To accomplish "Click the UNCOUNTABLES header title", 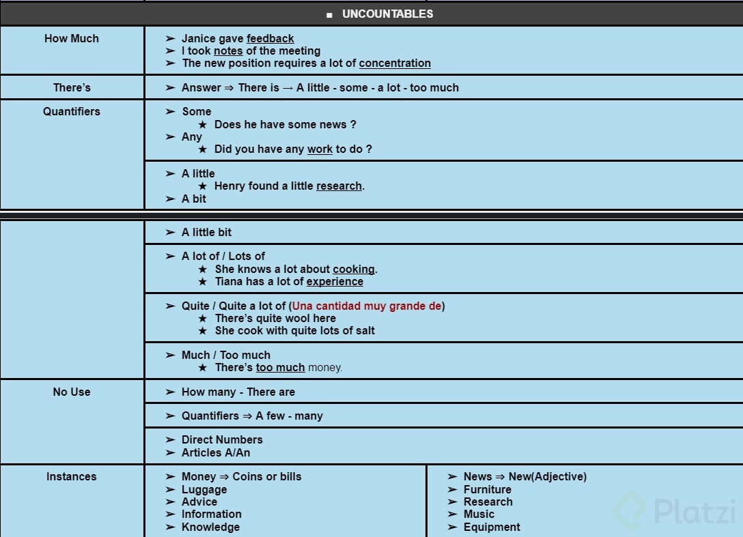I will (387, 14).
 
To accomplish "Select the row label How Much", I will (72, 39).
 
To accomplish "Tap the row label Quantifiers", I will (72, 111).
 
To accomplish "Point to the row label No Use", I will (72, 392).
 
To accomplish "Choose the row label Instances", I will (72, 476).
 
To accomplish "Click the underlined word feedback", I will (270, 39).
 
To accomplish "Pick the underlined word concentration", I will (395, 63).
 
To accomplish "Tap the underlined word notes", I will (228, 51).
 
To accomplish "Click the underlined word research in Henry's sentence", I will (339, 186).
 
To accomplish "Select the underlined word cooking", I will (354, 270).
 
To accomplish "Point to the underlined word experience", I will (335, 282).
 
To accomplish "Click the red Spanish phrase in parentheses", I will (367, 306).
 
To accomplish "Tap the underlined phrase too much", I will (280, 368).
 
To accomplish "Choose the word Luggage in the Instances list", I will (204, 489).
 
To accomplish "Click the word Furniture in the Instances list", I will (487, 489).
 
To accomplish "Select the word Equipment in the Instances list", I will (492, 527).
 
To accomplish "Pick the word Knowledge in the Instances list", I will (210, 527).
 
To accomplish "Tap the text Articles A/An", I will (216, 452).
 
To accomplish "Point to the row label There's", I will (72, 87).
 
